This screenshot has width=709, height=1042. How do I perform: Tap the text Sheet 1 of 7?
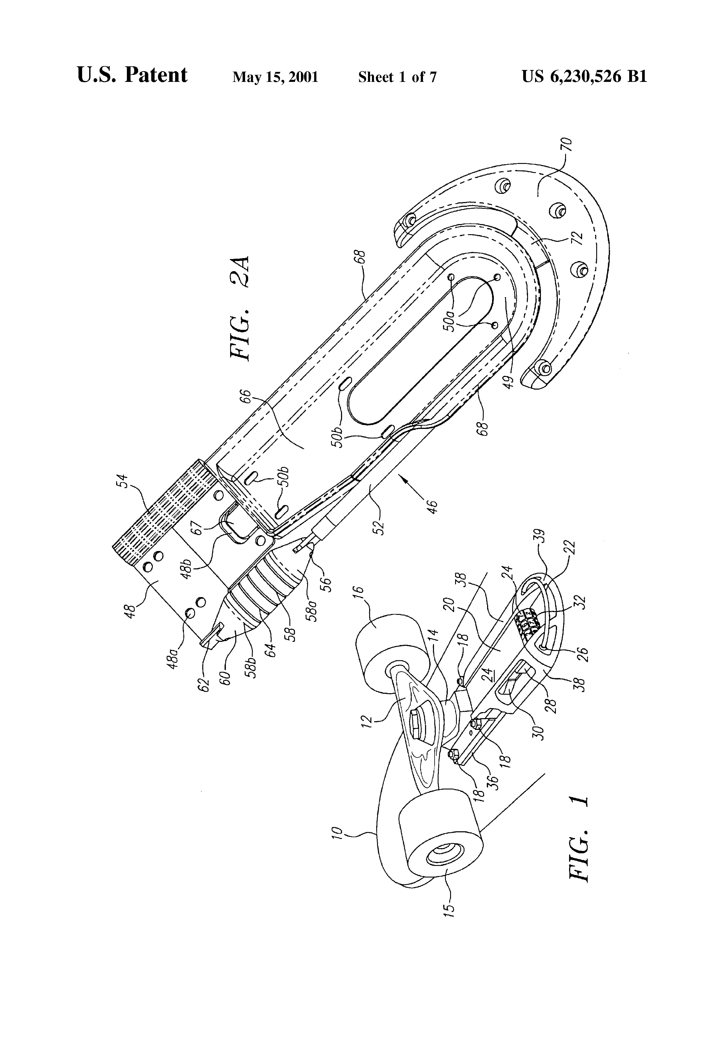(x=397, y=77)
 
